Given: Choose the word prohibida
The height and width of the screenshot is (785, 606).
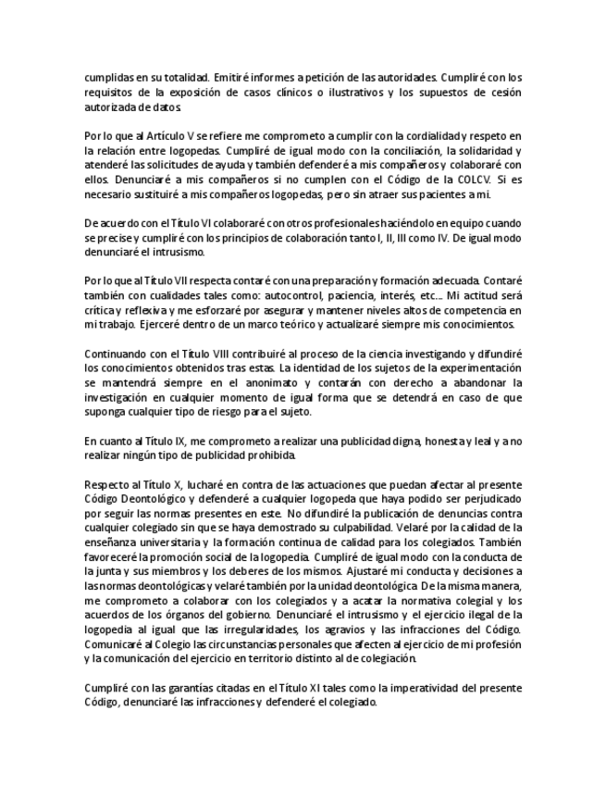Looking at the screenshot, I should click(271, 456).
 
